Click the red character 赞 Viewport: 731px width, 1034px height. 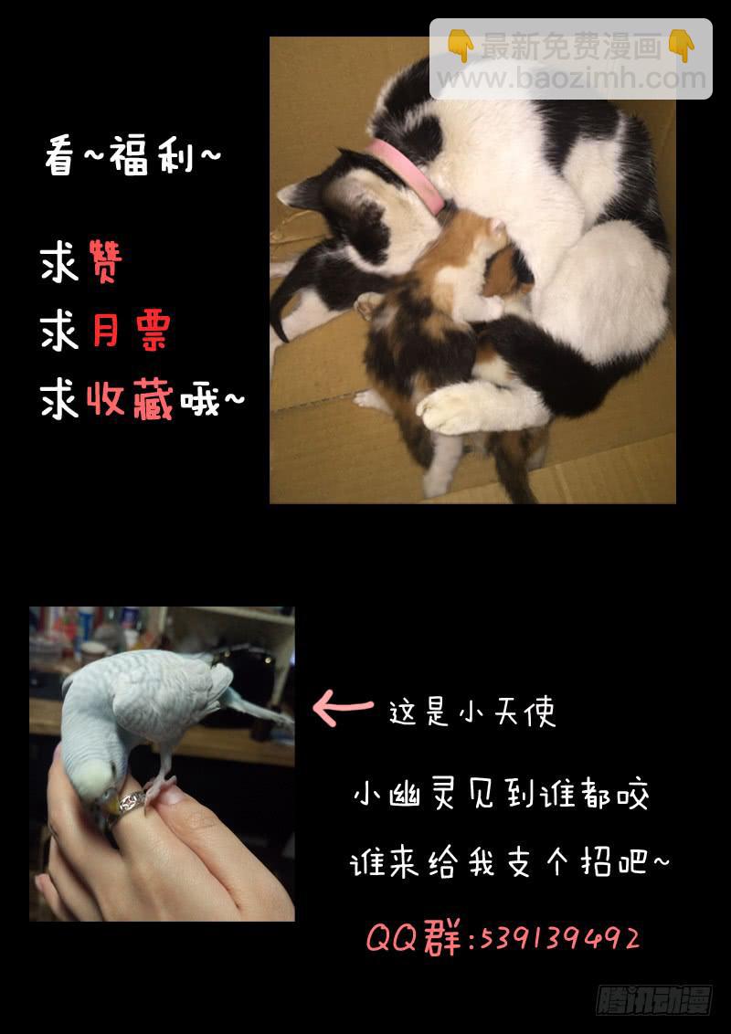click(104, 262)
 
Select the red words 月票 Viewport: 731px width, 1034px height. click(132, 331)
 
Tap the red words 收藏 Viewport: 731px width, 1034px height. click(130, 399)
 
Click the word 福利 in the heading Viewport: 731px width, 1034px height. click(151, 157)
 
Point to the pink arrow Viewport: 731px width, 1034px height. click(342, 709)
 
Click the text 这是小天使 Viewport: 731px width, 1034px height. click(472, 712)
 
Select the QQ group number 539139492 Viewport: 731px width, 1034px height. click(558, 938)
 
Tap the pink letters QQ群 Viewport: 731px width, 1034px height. click(413, 938)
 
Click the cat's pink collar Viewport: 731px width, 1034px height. click(408, 174)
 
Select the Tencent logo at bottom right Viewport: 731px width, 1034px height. click(654, 999)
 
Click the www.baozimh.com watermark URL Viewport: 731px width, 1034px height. click(571, 79)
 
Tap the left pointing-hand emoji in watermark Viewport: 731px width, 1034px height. click(460, 45)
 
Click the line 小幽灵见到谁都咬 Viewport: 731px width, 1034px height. click(502, 795)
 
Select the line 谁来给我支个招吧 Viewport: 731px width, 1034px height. click(510, 862)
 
